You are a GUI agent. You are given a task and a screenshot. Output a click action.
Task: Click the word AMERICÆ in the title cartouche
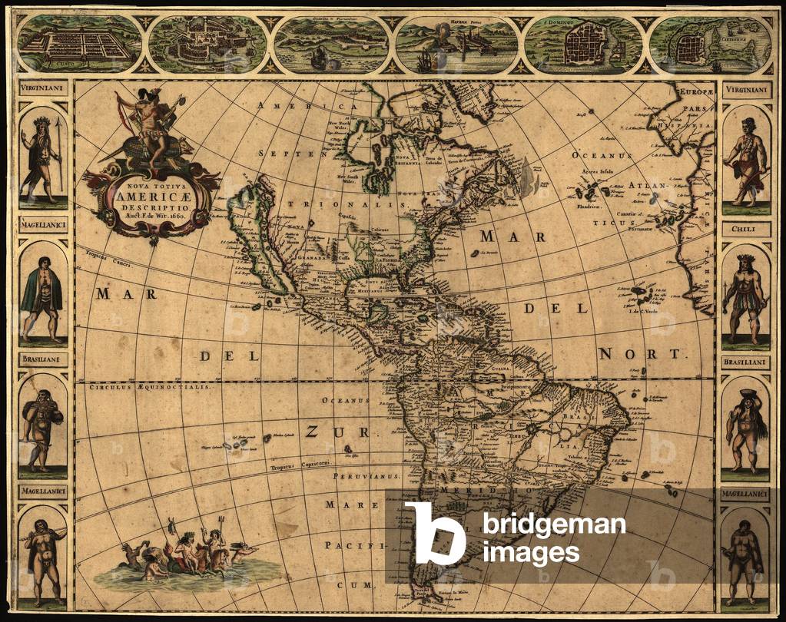[x=152, y=196]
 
